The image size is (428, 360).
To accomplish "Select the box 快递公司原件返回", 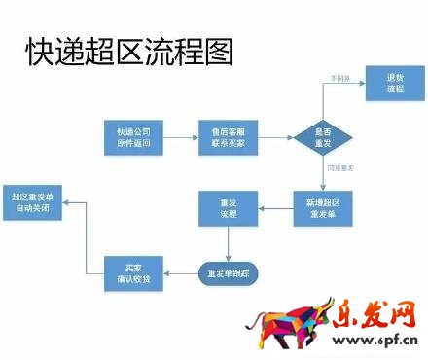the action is tap(133, 137).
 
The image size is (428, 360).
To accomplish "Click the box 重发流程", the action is tap(229, 208).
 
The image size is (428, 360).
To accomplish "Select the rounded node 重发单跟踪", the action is tap(229, 271).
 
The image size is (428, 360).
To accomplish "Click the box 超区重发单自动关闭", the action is tap(37, 202).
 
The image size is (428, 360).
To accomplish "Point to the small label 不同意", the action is tap(339, 77).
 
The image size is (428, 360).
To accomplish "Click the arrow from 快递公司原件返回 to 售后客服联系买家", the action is tap(180, 137).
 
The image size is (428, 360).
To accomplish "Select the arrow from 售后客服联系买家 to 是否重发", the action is tap(275, 137).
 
